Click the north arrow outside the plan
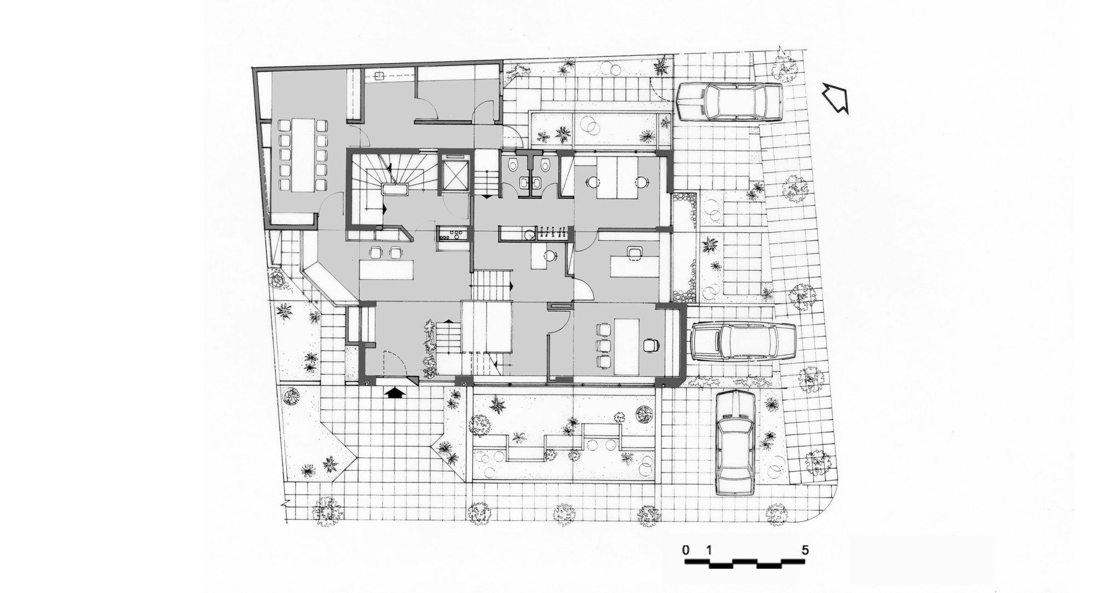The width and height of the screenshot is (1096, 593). click(x=836, y=99)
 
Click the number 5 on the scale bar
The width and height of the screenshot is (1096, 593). click(x=805, y=550)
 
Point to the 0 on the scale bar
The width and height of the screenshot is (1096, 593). click(x=686, y=550)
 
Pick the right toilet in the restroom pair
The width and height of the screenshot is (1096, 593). click(x=545, y=164)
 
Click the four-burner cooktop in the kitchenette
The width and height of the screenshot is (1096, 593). click(x=453, y=234)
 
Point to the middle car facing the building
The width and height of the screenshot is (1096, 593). click(x=743, y=341)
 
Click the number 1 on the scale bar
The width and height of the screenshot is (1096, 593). click(x=710, y=550)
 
